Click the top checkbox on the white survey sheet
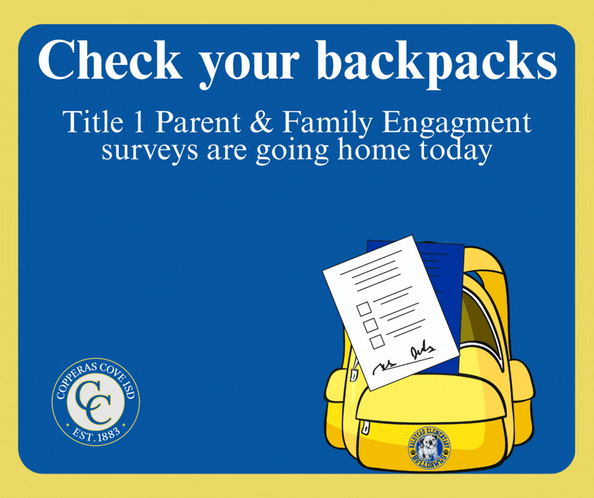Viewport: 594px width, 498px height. (363, 309)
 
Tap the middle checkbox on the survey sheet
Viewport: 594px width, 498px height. (370, 325)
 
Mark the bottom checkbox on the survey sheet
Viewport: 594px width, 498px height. (377, 341)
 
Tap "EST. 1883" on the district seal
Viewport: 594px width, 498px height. (95, 433)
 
